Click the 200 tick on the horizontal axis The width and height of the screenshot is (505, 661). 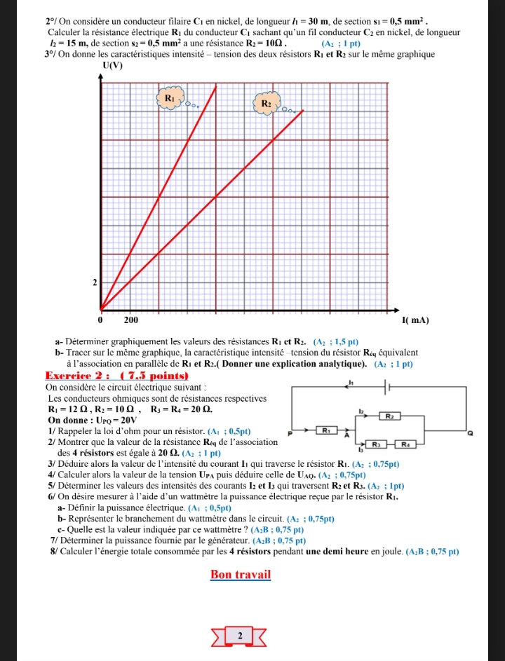click(x=130, y=320)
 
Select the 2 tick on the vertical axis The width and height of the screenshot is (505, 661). click(x=95, y=282)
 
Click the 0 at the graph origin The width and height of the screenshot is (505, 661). click(x=100, y=320)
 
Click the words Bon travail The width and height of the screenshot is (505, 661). click(x=241, y=575)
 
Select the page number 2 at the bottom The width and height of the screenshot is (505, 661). click(x=240, y=636)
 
